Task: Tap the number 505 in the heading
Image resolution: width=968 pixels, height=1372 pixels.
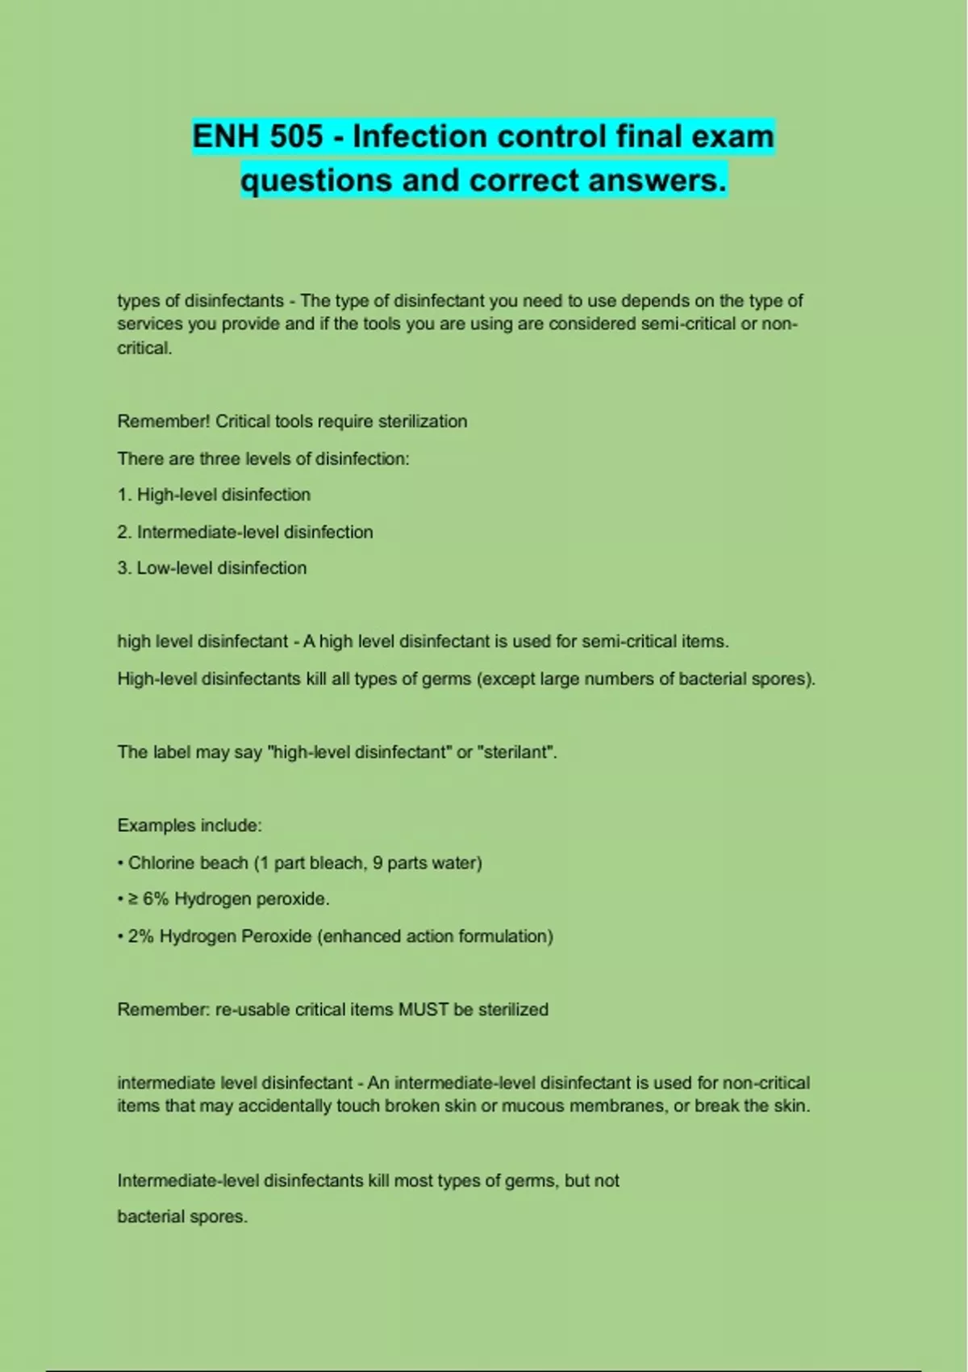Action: (x=296, y=136)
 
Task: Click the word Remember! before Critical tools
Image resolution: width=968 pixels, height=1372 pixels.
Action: (x=164, y=421)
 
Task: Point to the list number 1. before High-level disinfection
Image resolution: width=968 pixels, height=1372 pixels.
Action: (x=124, y=495)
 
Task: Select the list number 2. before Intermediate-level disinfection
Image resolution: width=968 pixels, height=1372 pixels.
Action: (x=124, y=532)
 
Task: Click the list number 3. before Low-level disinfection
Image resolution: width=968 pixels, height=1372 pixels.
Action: (x=124, y=568)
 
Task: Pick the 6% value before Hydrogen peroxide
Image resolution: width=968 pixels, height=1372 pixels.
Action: (x=156, y=899)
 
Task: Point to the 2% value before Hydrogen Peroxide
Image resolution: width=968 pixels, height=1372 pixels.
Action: (x=140, y=936)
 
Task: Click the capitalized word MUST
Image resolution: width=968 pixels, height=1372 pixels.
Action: (x=423, y=1010)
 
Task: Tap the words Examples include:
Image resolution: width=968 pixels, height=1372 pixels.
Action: (x=190, y=826)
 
